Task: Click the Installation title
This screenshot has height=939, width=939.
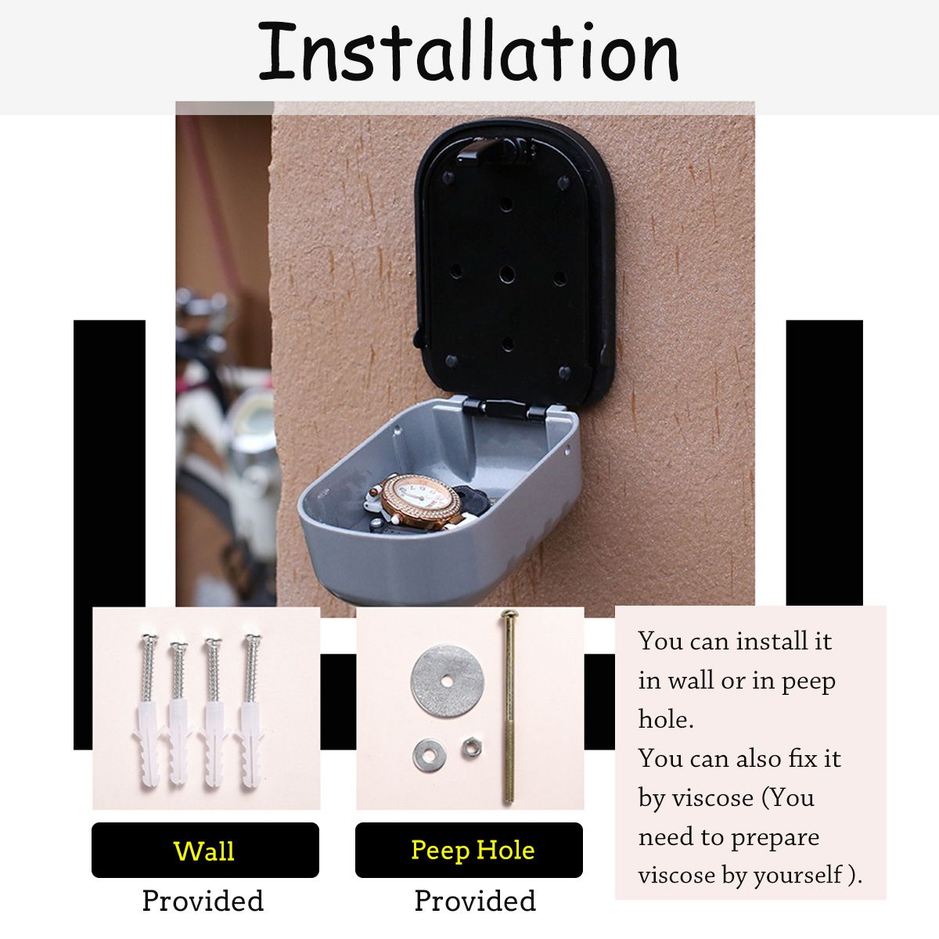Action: (468, 52)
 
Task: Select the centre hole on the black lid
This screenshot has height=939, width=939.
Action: (506, 274)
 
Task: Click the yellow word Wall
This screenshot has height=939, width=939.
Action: (204, 851)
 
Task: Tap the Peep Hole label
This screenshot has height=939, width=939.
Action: (472, 850)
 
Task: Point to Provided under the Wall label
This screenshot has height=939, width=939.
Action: (203, 901)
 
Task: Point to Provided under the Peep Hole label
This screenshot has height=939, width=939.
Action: (474, 901)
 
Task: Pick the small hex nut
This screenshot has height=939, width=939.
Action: (470, 748)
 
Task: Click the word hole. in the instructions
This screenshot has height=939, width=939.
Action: (666, 720)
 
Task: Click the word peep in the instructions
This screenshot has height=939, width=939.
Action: (808, 682)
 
